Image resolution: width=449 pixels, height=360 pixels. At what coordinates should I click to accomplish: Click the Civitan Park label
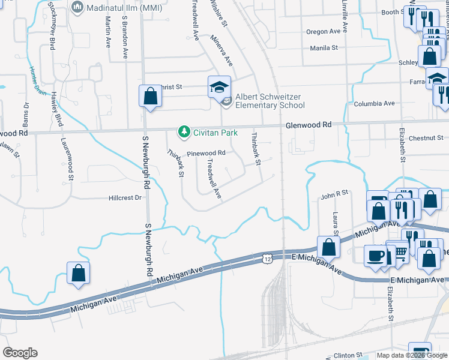pyautogui.click(x=215, y=133)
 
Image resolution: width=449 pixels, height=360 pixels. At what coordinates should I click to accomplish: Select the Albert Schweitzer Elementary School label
pyautogui.click(x=270, y=101)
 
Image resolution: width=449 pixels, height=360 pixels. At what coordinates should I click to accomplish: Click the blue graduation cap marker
pyautogui.click(x=219, y=86)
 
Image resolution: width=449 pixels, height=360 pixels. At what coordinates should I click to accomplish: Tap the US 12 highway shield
pyautogui.click(x=267, y=257)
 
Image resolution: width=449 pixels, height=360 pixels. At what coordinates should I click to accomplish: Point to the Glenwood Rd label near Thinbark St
pyautogui.click(x=309, y=125)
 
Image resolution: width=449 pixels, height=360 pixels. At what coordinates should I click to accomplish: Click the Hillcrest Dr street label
pyautogui.click(x=125, y=197)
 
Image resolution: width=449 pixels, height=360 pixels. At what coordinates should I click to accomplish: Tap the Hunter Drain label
pyautogui.click(x=38, y=81)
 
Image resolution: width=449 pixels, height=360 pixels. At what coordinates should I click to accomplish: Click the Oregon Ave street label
pyautogui.click(x=325, y=32)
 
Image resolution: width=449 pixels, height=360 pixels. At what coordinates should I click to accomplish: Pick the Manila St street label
pyautogui.click(x=324, y=47)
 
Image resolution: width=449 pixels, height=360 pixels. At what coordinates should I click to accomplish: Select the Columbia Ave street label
pyautogui.click(x=375, y=104)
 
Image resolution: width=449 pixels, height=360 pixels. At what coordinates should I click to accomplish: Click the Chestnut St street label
pyautogui.click(x=425, y=138)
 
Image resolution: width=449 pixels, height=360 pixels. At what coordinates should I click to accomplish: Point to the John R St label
pyautogui.click(x=334, y=194)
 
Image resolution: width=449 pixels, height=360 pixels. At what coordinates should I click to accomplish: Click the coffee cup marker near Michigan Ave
pyautogui.click(x=376, y=256)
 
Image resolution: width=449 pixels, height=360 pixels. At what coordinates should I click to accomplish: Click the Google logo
pyautogui.click(x=20, y=353)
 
